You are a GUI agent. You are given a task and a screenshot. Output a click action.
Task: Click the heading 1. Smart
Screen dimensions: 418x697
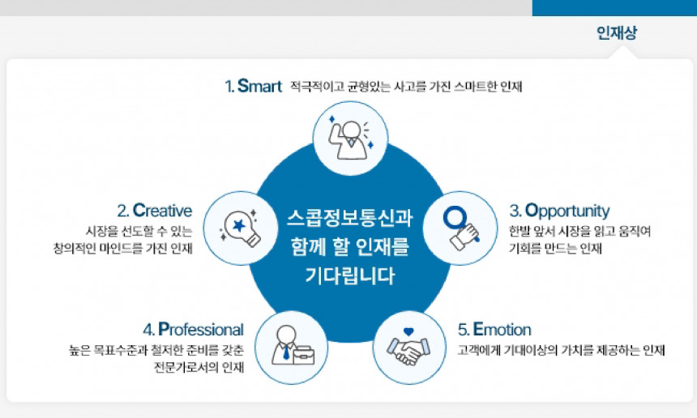(x=253, y=86)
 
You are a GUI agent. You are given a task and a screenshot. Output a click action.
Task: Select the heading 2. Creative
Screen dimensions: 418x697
(x=154, y=211)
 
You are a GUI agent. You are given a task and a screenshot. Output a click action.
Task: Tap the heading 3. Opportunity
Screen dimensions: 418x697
(x=559, y=211)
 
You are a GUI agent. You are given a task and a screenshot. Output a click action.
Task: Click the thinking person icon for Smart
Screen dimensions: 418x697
(x=349, y=139)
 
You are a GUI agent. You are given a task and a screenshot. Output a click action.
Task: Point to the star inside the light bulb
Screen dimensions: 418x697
(x=240, y=224)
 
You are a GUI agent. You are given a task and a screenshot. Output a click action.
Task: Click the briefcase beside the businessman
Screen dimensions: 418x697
(x=303, y=354)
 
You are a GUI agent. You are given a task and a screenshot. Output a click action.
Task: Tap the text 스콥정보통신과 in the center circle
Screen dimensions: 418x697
(x=349, y=219)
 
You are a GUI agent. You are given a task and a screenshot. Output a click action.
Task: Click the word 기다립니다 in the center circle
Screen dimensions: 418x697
(x=349, y=275)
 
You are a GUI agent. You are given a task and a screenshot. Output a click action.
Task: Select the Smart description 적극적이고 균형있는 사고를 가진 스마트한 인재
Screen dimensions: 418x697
(x=405, y=87)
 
